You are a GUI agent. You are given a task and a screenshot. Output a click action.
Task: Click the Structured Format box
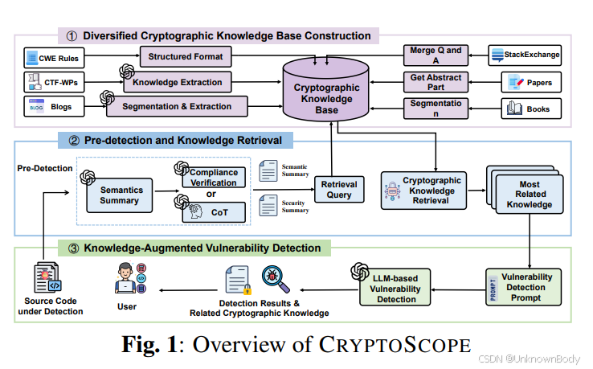pyautogui.click(x=185, y=57)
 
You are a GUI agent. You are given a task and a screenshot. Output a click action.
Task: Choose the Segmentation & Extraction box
pyautogui.click(x=177, y=105)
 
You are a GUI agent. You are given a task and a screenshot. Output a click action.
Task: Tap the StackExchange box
pyautogui.click(x=526, y=56)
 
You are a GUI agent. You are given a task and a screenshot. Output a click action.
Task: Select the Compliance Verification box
pyautogui.click(x=213, y=178)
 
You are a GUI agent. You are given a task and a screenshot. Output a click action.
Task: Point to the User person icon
pyautogui.click(x=126, y=279)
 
